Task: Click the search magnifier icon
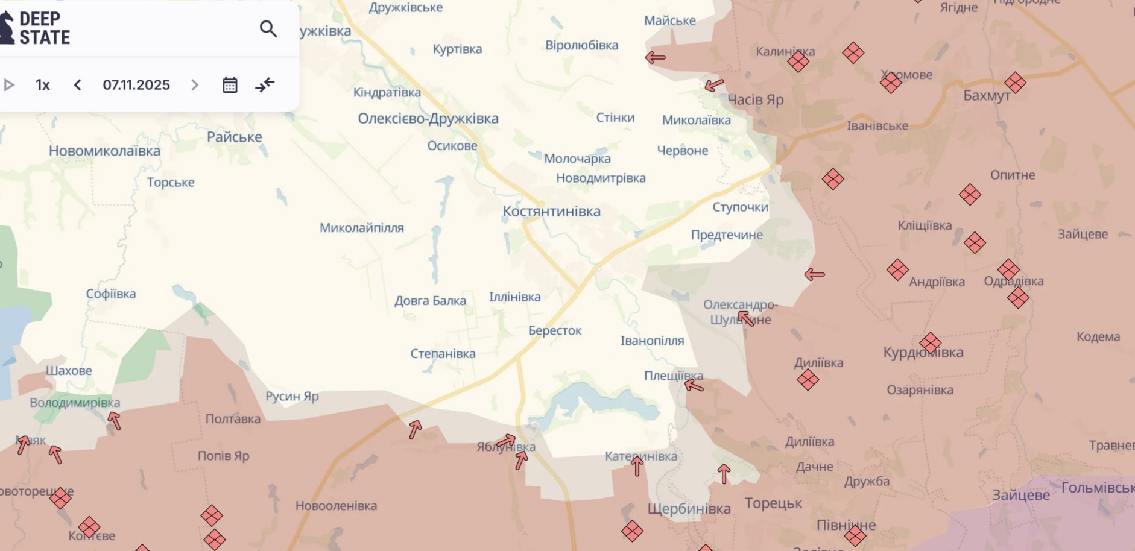tap(268, 29)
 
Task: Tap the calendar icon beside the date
tap(230, 85)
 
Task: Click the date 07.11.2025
tap(136, 85)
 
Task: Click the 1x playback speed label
tap(42, 85)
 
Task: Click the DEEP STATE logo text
tap(44, 28)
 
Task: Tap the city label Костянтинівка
tap(551, 212)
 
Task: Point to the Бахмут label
tap(987, 96)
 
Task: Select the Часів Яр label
tap(755, 100)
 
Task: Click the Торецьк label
tap(773, 503)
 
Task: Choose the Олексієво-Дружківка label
tap(428, 119)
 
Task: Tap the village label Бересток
tap(555, 331)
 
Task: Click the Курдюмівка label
tap(923, 353)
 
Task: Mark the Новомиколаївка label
tap(104, 151)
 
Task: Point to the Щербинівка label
tap(689, 509)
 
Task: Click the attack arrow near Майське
tap(655, 58)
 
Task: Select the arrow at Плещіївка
tap(694, 386)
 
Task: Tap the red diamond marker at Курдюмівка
tap(930, 342)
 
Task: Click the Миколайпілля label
tap(361, 228)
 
